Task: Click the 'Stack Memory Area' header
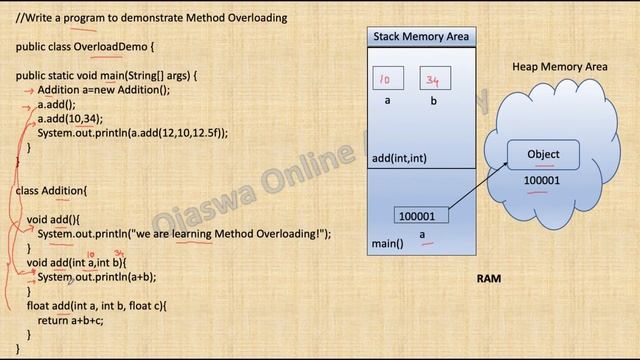[420, 37]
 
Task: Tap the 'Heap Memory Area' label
[560, 66]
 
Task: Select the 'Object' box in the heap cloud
[543, 154]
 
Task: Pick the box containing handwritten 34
[434, 79]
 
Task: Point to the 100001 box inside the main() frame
[422, 215]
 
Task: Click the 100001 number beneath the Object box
[542, 181]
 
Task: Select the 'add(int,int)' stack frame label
[399, 158]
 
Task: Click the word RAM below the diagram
[488, 279]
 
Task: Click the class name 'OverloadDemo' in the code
[112, 47]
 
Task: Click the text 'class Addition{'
[51, 190]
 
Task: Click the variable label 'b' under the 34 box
[434, 101]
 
